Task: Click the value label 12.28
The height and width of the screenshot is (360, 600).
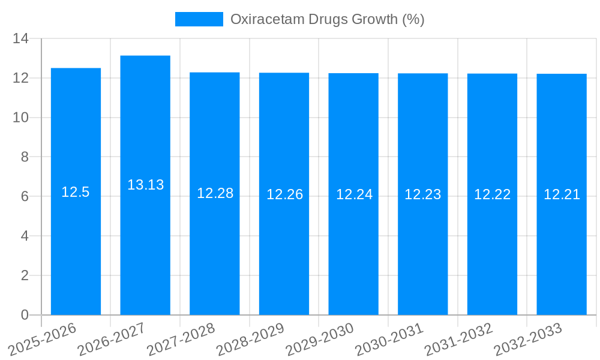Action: point(215,193)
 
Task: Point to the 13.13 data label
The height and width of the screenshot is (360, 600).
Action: point(145,185)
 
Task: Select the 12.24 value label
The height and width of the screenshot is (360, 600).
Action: point(354,194)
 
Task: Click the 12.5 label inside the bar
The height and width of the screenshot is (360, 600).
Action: point(76,192)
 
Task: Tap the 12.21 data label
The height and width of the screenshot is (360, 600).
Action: point(562,194)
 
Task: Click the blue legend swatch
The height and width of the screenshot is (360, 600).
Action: point(199,19)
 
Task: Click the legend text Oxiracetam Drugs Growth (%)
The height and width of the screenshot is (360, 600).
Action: point(328,19)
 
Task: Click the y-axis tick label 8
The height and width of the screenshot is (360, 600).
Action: point(25,157)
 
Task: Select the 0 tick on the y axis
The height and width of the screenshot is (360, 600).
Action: point(25,315)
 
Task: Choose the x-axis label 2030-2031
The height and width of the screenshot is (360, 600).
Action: point(390,340)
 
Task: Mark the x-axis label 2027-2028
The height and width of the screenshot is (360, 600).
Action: point(181,340)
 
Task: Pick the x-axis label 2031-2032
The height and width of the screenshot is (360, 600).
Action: point(459,340)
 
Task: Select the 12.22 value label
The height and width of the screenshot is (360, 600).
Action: point(492,194)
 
